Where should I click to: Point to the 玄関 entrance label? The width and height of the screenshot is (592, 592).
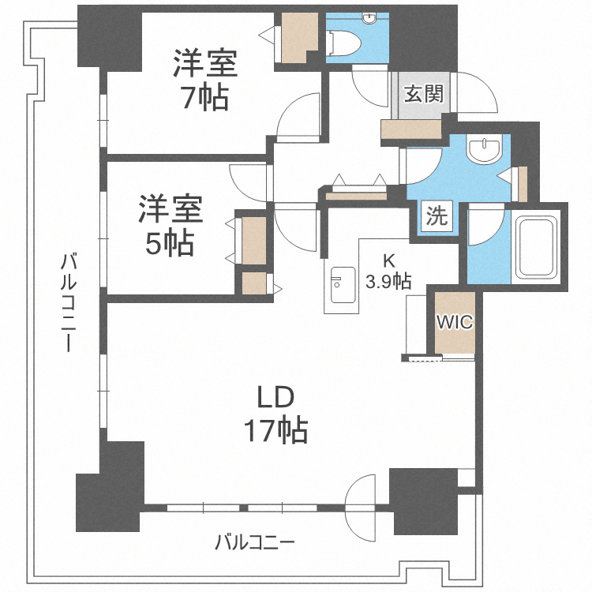coord(422,95)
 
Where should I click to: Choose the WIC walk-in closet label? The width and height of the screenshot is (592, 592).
coord(455,322)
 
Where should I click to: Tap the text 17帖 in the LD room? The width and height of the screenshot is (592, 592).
coord(275,430)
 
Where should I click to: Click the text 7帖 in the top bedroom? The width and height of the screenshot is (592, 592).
coord(204,98)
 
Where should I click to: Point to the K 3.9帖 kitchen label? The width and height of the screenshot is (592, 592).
coord(387,271)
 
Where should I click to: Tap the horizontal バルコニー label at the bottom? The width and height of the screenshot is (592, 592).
coord(255,542)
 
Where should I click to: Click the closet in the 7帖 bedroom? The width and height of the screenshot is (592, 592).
coord(299,37)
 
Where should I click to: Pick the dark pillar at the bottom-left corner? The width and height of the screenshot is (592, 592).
coord(109,489)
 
